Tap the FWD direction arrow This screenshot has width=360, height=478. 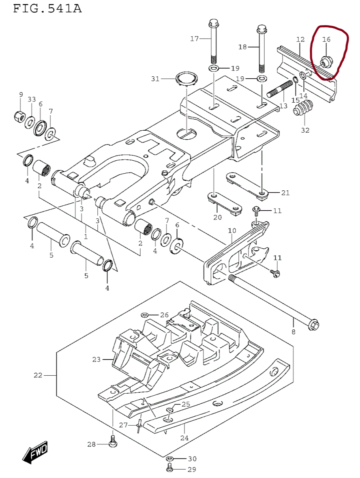point(35,451)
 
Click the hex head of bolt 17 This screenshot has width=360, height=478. point(214,22)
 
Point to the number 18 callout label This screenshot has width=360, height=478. point(242,47)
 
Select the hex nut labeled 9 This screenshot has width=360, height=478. point(19,116)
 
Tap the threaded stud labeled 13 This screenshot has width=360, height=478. point(280,89)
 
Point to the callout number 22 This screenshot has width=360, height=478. point(38,375)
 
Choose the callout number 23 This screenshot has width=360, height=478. point(96,359)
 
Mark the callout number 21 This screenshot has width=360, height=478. point(285,193)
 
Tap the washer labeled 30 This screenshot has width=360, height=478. point(170,459)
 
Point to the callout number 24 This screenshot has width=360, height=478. point(184,438)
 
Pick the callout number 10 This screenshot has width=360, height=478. point(231,231)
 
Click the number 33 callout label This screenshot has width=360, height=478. point(32,99)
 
